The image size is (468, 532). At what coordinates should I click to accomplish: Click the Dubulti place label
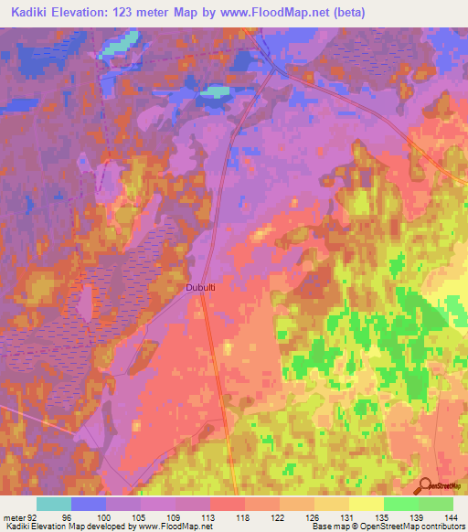201,286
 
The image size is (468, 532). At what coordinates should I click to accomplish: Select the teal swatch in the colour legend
53,504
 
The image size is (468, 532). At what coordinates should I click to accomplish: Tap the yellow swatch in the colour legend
366,504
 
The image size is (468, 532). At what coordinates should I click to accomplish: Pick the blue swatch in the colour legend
88,504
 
